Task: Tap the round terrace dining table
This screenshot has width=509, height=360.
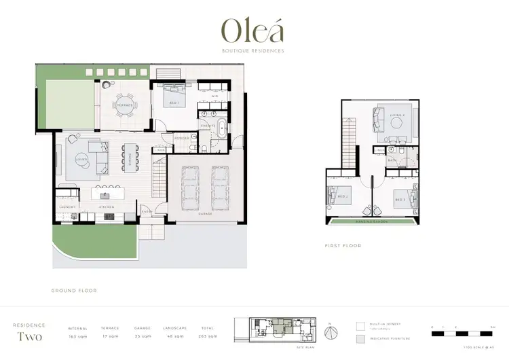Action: tap(125, 106)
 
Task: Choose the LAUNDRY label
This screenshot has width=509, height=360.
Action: tap(67, 206)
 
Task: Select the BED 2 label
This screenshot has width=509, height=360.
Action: tap(342, 197)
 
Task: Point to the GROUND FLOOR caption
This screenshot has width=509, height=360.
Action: tap(74, 290)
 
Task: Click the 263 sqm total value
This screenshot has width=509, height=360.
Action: tap(208, 337)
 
